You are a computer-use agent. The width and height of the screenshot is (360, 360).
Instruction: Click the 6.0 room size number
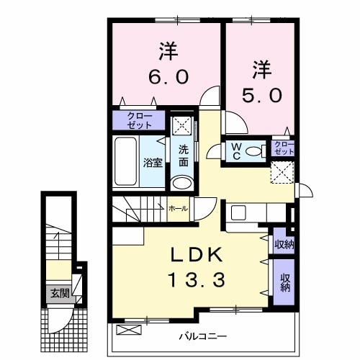(168, 76)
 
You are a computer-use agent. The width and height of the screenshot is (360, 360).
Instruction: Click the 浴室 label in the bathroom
(152, 163)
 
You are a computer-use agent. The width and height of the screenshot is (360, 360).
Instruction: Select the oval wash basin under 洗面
(183, 181)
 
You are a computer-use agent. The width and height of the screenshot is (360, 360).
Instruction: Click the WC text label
(235, 151)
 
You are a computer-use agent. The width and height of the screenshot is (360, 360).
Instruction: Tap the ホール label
(179, 208)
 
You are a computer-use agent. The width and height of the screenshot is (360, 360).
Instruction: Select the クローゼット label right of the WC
(284, 149)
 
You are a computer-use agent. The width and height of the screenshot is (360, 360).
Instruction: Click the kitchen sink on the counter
(239, 214)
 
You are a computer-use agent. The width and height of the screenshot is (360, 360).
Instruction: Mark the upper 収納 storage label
(283, 243)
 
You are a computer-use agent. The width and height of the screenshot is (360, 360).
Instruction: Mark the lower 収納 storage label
(283, 282)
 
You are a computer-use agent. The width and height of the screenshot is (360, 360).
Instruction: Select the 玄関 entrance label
(59, 294)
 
